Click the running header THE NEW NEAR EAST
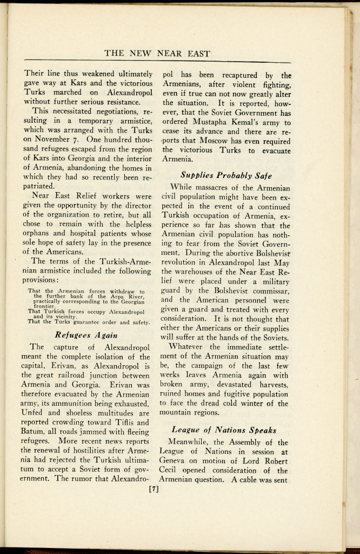pyautogui.click(x=157, y=53)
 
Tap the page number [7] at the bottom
pyautogui.click(x=156, y=491)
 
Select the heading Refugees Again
pyautogui.click(x=86, y=334)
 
